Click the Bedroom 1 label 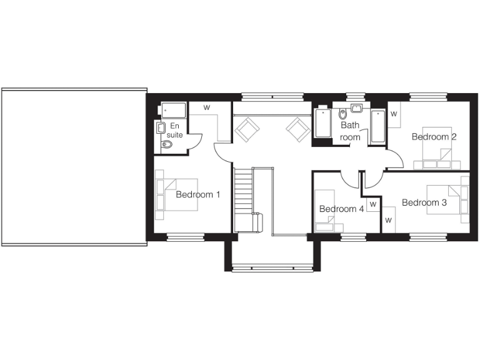197,194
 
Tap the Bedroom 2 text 433,137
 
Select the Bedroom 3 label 424,202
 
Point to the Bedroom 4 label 341,209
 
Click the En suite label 175,130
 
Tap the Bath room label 350,131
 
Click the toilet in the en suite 167,145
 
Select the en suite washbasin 161,127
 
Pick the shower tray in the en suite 172,111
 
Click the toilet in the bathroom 342,114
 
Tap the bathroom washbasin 357,109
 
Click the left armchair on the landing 247,129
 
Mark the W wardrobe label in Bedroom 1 206,107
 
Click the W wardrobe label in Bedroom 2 394,114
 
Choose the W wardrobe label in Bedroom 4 372,204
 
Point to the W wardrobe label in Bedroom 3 388,220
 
